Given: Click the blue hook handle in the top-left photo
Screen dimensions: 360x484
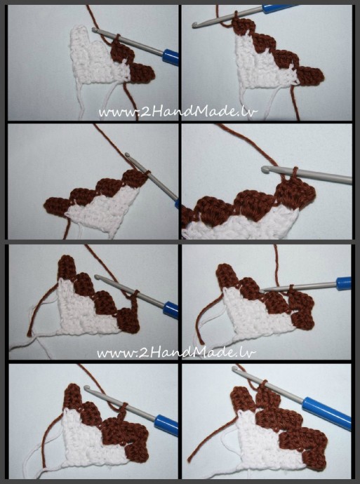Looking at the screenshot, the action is (x=171, y=57).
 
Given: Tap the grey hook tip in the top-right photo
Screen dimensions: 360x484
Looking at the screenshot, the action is (x=194, y=25).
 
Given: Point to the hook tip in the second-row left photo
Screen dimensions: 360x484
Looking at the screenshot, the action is (x=128, y=154).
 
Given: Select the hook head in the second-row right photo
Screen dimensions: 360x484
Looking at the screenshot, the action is (x=265, y=168).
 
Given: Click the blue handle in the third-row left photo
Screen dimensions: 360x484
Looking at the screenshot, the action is (x=171, y=309).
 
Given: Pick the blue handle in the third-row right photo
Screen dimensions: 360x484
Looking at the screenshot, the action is (x=344, y=283).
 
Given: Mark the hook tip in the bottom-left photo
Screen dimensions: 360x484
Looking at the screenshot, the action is (x=87, y=388).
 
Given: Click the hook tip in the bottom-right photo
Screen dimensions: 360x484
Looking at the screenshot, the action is (x=235, y=369).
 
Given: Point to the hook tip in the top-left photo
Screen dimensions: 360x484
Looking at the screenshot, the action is (x=95, y=29).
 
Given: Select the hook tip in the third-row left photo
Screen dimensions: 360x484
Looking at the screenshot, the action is (x=97, y=278).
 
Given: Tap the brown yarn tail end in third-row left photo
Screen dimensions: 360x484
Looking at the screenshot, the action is (x=29, y=334).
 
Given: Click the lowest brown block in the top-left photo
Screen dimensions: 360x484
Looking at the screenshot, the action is (x=142, y=73).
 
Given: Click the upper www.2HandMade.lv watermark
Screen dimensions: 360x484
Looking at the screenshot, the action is (x=178, y=112).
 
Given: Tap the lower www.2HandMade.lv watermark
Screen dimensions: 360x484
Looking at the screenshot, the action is (x=177, y=352).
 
